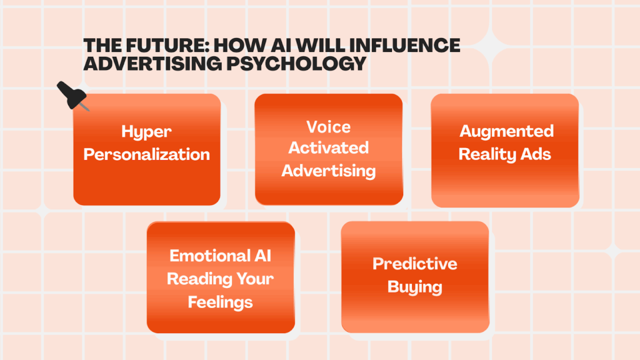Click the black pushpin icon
coord(72,96)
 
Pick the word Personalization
coord(146,154)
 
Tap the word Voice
coord(329,127)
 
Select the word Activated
coord(329,147)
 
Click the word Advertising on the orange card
coord(329,171)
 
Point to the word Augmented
coord(506,131)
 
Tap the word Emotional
coord(209,256)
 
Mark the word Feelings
coord(221,302)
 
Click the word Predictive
coord(415,264)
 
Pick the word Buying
coord(415,287)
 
